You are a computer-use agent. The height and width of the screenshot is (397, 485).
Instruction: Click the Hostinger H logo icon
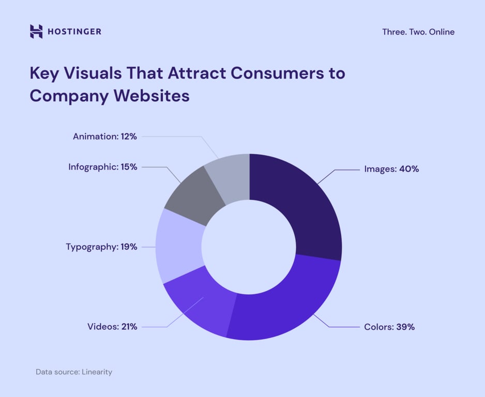click(36, 32)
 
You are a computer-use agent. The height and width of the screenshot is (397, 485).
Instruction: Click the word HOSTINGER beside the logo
click(74, 32)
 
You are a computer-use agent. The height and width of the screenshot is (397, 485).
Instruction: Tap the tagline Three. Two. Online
click(418, 32)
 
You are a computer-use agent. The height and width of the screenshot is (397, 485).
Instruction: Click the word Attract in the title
click(196, 73)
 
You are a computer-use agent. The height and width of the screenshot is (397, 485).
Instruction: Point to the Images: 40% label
click(391, 169)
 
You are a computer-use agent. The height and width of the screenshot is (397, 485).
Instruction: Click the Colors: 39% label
click(389, 327)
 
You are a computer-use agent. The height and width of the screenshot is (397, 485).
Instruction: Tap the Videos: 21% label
click(112, 327)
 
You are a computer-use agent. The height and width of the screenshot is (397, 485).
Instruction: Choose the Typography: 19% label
click(101, 247)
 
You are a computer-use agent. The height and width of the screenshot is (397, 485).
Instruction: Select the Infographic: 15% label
click(103, 167)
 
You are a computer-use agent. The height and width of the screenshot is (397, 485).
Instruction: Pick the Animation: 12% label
click(105, 136)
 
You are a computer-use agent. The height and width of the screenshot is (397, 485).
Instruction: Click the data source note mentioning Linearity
click(74, 372)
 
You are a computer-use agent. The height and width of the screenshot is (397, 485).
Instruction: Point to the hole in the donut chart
click(249, 247)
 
